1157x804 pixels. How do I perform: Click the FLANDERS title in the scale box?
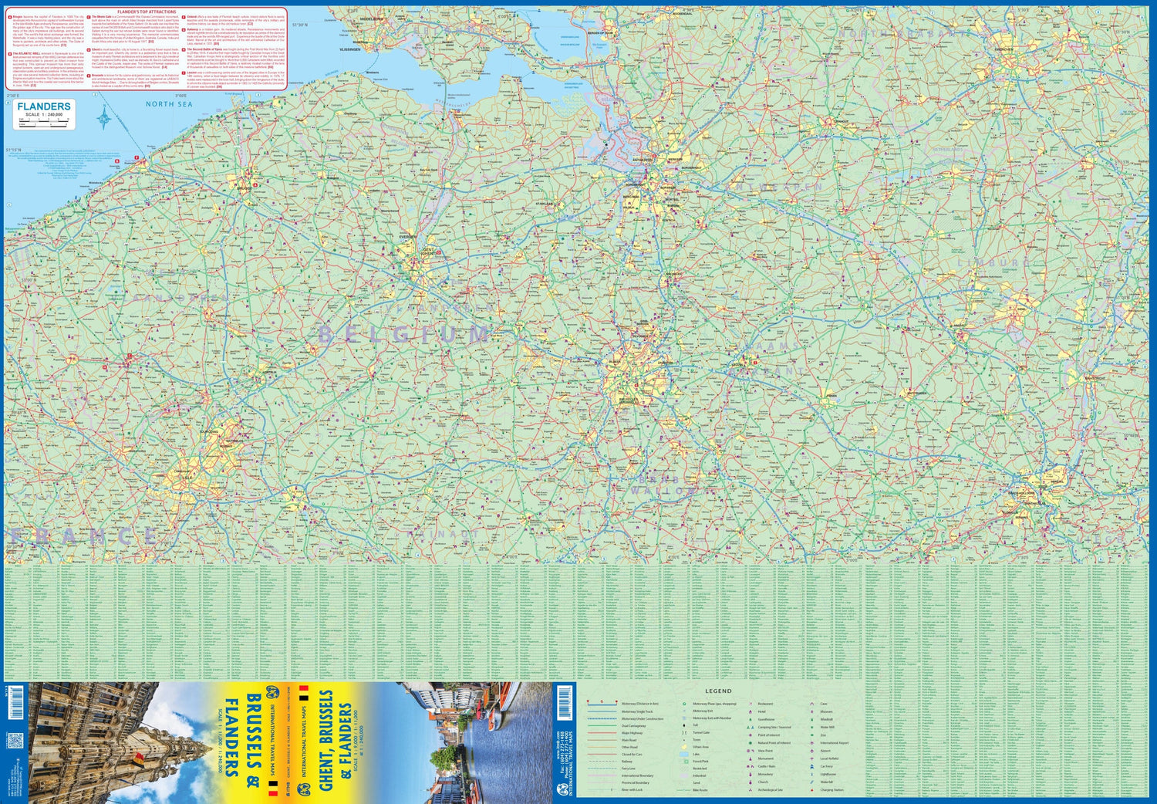[x=44, y=106]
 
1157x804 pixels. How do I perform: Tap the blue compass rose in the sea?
[x=105, y=117]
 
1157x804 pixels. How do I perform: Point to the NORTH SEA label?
[x=169, y=104]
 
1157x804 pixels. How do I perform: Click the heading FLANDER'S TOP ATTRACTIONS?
[x=147, y=12]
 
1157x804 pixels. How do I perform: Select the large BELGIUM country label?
[x=404, y=334]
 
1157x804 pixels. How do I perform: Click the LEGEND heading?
[x=718, y=691]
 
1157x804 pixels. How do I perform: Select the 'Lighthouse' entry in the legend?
[x=828, y=775]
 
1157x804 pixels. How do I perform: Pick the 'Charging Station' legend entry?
[x=831, y=790]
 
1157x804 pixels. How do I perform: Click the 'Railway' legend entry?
[x=627, y=762]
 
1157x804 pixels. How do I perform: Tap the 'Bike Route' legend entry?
[x=700, y=790]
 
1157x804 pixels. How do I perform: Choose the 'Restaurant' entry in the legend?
[x=765, y=704]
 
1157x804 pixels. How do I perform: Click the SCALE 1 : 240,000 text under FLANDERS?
[x=44, y=115]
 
